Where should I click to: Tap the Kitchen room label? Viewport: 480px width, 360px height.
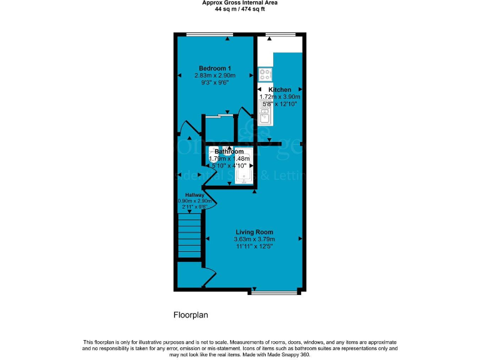pyautogui.click(x=279, y=90)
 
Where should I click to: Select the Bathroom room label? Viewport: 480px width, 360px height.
pyautogui.click(x=229, y=152)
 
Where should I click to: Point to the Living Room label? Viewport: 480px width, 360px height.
pyautogui.click(x=254, y=232)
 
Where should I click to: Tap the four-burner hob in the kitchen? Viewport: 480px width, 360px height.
pyautogui.click(x=265, y=74)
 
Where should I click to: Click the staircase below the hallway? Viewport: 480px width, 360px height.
pyautogui.click(x=189, y=234)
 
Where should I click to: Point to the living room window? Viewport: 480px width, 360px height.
pyautogui.click(x=274, y=291)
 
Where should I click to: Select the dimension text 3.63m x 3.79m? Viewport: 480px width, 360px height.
pyautogui.click(x=254, y=239)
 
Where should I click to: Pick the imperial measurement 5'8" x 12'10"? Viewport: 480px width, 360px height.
pyautogui.click(x=279, y=104)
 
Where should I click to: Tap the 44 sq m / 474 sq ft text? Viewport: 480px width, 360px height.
pyautogui.click(x=240, y=10)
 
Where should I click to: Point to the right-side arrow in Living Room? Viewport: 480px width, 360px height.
pyautogui.click(x=301, y=239)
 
